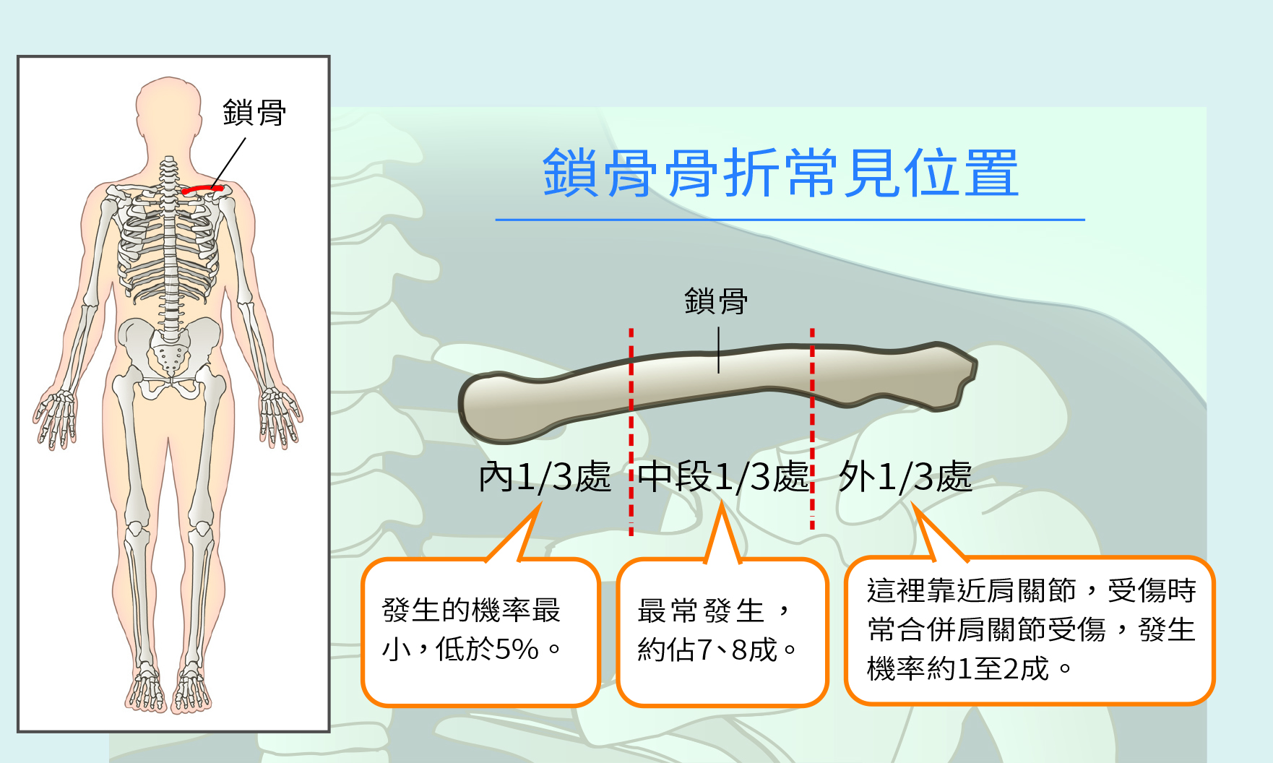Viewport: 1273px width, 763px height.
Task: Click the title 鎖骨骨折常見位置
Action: (x=780, y=173)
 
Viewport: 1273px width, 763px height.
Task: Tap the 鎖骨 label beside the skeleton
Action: (x=254, y=113)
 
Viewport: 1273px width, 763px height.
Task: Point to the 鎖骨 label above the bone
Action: (x=716, y=301)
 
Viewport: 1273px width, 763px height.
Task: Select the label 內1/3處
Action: (x=545, y=477)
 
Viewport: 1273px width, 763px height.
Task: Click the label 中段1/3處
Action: (x=723, y=477)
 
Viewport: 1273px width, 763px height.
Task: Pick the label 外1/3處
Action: (x=905, y=477)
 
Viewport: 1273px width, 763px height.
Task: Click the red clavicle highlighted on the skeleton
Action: (x=202, y=190)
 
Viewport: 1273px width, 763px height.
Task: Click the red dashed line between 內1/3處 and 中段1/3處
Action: (x=631, y=432)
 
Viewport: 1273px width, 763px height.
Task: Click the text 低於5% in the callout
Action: (x=487, y=649)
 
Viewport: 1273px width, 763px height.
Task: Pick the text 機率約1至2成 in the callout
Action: (x=958, y=668)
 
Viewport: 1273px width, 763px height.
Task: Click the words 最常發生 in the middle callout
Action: (x=700, y=611)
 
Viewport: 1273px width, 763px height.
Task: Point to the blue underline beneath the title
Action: (x=790, y=220)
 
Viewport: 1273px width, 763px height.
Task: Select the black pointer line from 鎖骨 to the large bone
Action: (x=718, y=350)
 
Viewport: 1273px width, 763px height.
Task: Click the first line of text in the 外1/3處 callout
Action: (x=1031, y=590)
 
